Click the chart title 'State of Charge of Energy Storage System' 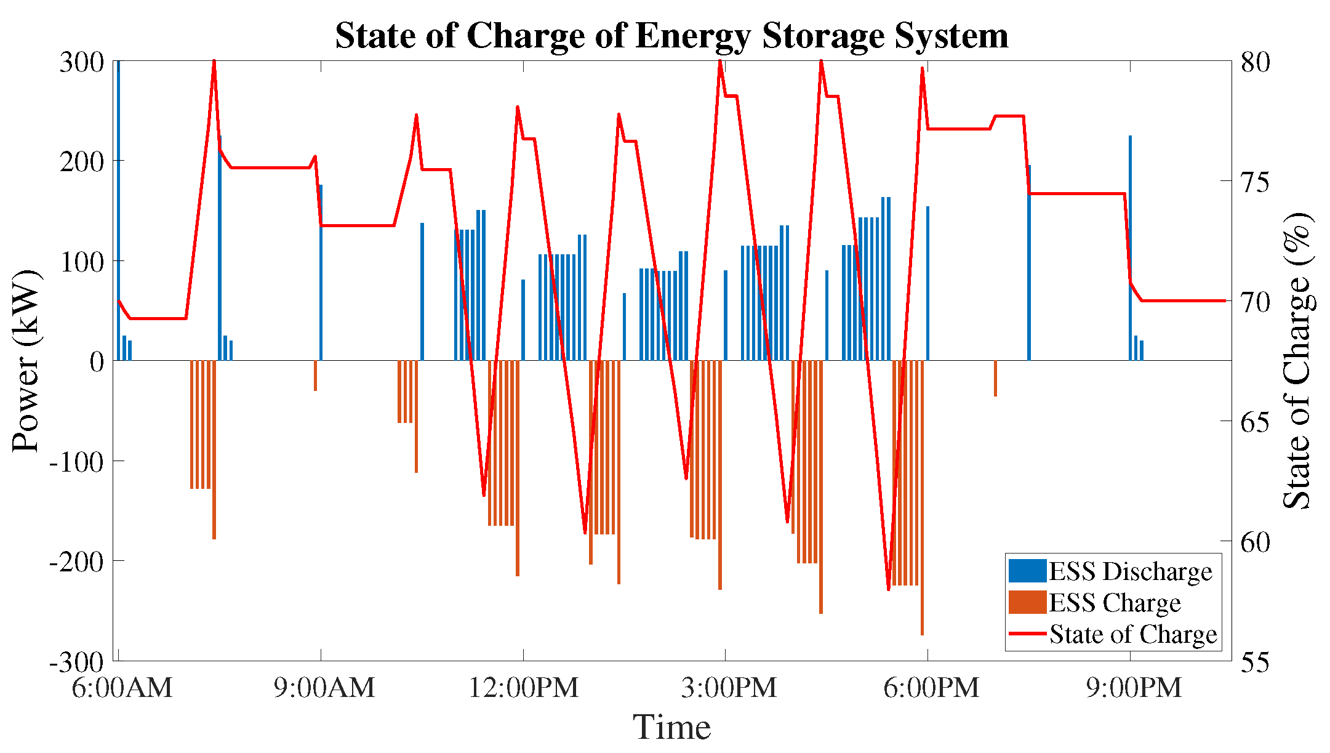[671, 35]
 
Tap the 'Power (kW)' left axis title [26, 361]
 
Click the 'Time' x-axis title [672, 727]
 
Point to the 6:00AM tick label [122, 687]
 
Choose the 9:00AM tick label [324, 687]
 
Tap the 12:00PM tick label [524, 687]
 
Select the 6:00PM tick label [931, 687]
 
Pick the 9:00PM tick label [1134, 687]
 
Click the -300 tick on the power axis [77, 662]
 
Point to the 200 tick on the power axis [82, 161]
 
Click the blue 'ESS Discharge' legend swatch [1027, 571]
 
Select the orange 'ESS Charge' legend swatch [1027, 602]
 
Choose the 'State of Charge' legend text [1133, 634]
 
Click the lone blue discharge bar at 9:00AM [321, 272]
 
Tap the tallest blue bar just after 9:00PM [1130, 248]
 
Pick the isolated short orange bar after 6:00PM [995, 378]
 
